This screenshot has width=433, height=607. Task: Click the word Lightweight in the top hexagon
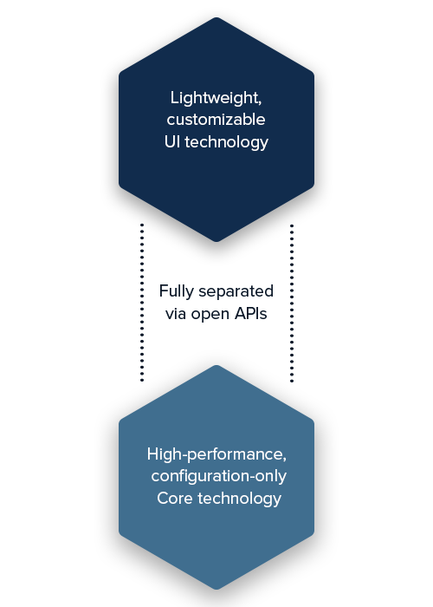click(215, 98)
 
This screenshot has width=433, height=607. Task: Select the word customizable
click(216, 120)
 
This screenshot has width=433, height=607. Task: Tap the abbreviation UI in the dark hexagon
click(172, 141)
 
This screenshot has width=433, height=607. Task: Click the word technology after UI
click(227, 143)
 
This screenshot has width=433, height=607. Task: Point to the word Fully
click(177, 292)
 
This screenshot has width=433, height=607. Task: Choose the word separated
click(236, 291)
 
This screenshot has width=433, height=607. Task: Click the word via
click(176, 314)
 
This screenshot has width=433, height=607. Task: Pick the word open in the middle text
click(210, 315)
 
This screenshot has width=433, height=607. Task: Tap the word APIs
click(251, 314)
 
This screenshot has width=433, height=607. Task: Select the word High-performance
click(216, 454)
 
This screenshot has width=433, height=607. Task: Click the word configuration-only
click(219, 477)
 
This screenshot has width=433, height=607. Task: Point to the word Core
click(175, 499)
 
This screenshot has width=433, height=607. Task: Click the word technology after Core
click(239, 499)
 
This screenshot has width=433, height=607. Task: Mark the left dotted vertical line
click(142, 303)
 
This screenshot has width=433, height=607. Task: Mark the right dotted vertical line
click(292, 303)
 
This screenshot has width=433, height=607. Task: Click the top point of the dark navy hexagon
click(216, 17)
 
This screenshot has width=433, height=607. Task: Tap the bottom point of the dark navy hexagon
click(216, 242)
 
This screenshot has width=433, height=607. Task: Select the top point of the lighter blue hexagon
click(216, 365)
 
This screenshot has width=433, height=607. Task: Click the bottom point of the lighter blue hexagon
click(216, 590)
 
